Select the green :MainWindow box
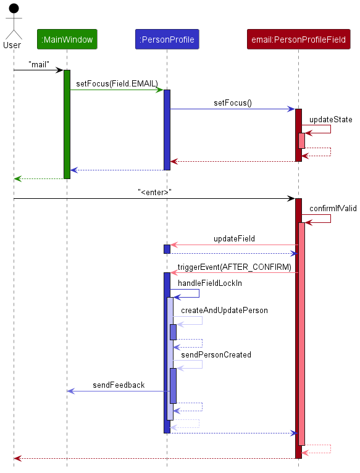click(x=67, y=40)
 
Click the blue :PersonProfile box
click(x=167, y=40)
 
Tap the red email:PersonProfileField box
click(x=298, y=40)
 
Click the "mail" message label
click(x=38, y=64)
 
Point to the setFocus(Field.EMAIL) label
click(x=117, y=83)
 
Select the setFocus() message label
click(x=232, y=103)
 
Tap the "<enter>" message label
click(x=154, y=192)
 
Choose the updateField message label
click(x=234, y=238)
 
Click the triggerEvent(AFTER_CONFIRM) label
click(x=234, y=267)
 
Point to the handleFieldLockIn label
click(x=210, y=283)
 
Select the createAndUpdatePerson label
click(x=224, y=310)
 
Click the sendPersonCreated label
click(x=216, y=354)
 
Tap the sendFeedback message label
click(x=119, y=385)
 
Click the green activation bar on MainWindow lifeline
click(x=67, y=123)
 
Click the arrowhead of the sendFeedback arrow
click(x=70, y=391)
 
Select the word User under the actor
click(x=12, y=44)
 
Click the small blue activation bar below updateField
click(x=167, y=249)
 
